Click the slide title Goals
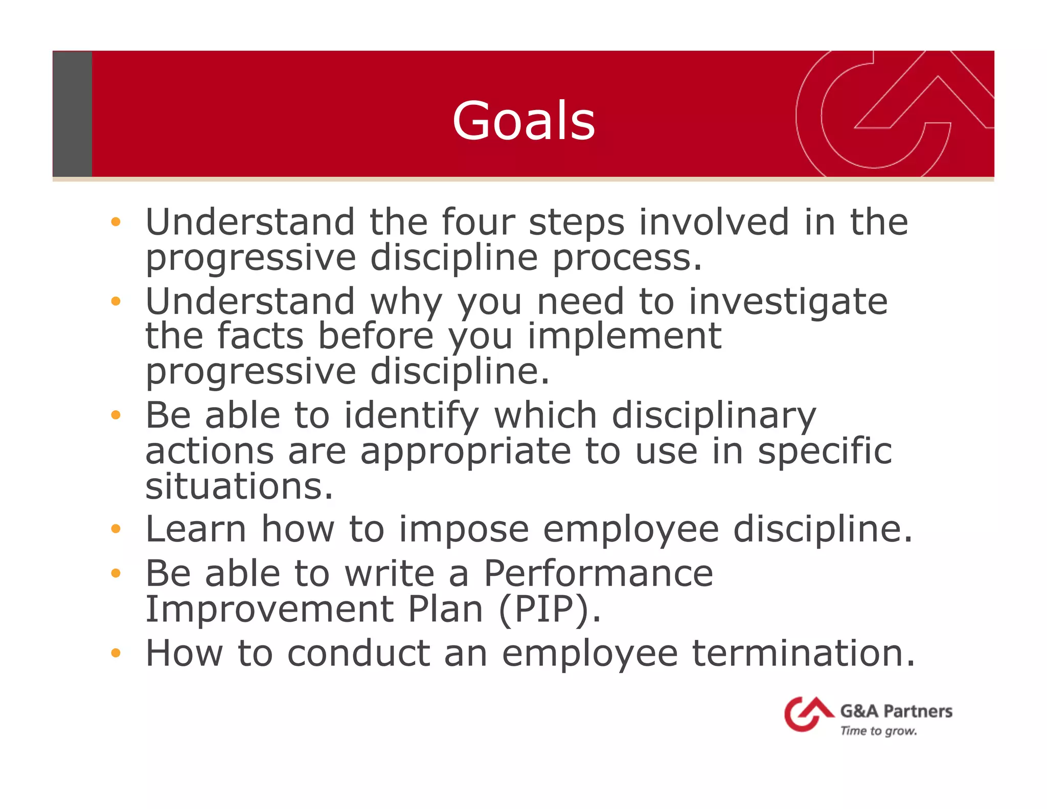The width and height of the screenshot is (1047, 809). (x=523, y=121)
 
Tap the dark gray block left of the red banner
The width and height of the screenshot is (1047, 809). (x=72, y=114)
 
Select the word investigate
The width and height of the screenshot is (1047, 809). (x=788, y=302)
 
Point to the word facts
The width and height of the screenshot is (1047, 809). (x=260, y=336)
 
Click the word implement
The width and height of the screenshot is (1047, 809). (x=624, y=336)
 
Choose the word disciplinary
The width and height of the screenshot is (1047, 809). (x=714, y=415)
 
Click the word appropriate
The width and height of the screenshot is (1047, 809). (x=465, y=452)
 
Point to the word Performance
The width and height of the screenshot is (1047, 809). (x=598, y=573)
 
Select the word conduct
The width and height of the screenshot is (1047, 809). (x=358, y=653)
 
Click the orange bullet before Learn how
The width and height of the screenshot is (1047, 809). (x=116, y=529)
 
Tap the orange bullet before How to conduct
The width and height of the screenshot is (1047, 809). (x=116, y=653)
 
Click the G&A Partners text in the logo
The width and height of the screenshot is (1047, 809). (x=896, y=711)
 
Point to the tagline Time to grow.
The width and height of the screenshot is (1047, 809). (x=878, y=731)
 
